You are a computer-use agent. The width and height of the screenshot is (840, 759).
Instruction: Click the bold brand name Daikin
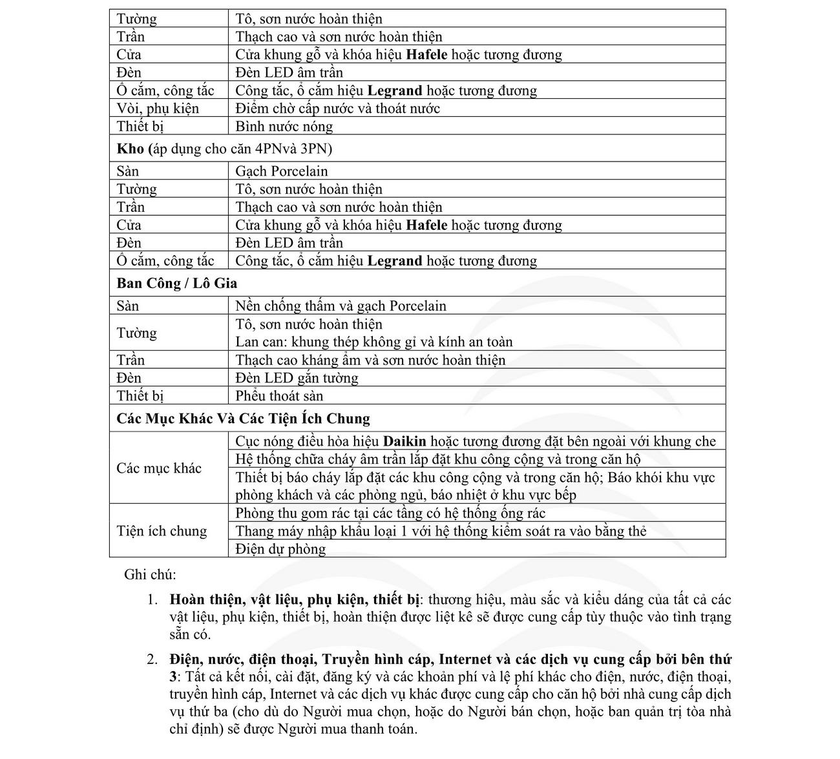pyautogui.click(x=404, y=442)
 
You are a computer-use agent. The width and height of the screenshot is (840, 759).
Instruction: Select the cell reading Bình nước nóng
pyautogui.click(x=284, y=127)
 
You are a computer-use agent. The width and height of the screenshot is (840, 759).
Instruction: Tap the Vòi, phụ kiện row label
pyautogui.click(x=158, y=109)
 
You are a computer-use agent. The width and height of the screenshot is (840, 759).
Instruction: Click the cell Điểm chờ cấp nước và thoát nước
pyautogui.click(x=337, y=109)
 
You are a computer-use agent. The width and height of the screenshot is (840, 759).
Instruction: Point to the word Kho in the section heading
pyautogui.click(x=130, y=149)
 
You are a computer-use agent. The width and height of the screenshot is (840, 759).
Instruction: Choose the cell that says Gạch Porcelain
pyautogui.click(x=281, y=171)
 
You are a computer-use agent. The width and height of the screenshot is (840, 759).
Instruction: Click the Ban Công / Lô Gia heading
pyautogui.click(x=176, y=284)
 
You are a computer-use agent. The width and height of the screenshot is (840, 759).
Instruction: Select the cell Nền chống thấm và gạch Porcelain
pyautogui.click(x=341, y=306)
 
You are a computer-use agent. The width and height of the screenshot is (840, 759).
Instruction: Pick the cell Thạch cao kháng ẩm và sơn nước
pyautogui.click(x=370, y=360)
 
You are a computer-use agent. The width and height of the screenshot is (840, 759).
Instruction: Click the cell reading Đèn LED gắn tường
pyautogui.click(x=297, y=379)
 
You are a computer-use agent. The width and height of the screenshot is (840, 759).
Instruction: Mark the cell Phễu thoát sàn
pyautogui.click(x=279, y=397)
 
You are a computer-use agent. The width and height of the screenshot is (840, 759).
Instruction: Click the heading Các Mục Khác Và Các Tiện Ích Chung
pyautogui.click(x=243, y=419)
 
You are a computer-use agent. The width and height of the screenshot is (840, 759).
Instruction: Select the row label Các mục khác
pyautogui.click(x=159, y=468)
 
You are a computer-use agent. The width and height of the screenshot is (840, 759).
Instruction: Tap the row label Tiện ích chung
pyautogui.click(x=162, y=531)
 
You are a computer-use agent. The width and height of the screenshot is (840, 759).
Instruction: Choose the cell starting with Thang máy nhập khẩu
pyautogui.click(x=441, y=532)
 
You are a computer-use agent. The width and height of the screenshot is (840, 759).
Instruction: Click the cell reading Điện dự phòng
pyautogui.click(x=280, y=550)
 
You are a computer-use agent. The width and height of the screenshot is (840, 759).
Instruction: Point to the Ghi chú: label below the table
pyautogui.click(x=150, y=575)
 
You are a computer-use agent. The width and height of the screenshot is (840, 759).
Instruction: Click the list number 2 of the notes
pyautogui.click(x=152, y=660)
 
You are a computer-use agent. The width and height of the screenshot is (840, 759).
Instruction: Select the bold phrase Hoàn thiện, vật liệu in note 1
pyautogui.click(x=235, y=599)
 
